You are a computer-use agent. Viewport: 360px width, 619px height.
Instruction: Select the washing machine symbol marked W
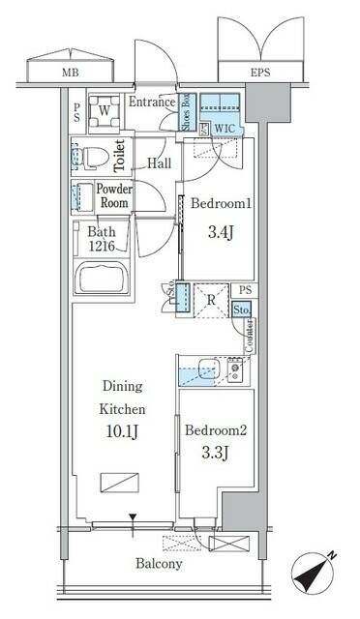pos(103,110)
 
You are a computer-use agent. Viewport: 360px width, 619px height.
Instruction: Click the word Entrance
pos(151,103)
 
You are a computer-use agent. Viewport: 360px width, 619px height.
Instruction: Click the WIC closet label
pos(224,127)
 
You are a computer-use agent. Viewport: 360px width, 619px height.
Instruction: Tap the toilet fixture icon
pos(92,155)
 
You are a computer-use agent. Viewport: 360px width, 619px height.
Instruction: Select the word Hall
pos(159,163)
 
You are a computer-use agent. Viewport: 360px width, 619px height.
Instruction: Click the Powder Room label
pos(114,196)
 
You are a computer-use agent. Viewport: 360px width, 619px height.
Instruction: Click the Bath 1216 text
pos(103,239)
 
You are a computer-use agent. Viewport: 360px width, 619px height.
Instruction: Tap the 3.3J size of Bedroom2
pos(216,454)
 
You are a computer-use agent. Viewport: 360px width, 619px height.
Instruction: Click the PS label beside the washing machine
pos(75,111)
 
